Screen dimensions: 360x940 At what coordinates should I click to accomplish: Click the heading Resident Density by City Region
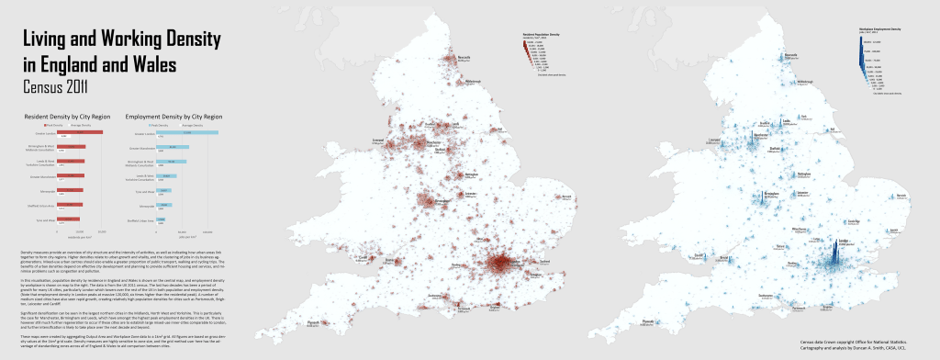[x=62, y=118]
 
